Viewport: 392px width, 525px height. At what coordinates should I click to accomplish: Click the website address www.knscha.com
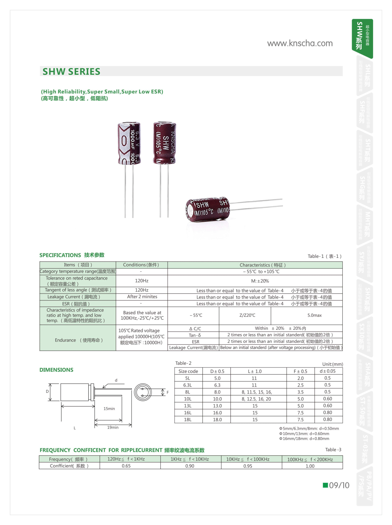point(300,43)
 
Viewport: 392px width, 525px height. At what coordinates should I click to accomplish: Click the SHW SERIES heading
point(71,72)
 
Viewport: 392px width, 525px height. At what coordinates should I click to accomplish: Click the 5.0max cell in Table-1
point(314,315)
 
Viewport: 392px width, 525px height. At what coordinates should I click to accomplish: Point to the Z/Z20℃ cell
point(247,315)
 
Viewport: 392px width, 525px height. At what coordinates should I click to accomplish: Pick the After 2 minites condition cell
point(142,297)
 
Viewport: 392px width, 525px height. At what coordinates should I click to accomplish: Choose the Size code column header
point(188,371)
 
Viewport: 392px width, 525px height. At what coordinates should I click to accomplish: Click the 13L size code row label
point(188,406)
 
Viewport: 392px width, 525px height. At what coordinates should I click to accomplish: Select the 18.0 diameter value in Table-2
point(217,420)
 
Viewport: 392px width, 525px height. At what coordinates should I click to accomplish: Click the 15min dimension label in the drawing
point(109,409)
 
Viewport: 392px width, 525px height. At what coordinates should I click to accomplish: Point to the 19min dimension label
point(113,427)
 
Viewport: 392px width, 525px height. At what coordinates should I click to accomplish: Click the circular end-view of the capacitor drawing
point(143,392)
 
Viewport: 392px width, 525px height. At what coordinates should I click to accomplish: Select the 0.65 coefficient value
point(126,466)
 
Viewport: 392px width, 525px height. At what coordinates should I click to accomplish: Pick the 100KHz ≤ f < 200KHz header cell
point(310,460)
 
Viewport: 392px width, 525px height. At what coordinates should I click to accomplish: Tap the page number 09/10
point(339,485)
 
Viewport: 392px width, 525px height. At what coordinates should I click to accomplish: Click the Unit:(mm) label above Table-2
point(332,364)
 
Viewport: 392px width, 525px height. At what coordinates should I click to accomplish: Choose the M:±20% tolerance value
point(260,281)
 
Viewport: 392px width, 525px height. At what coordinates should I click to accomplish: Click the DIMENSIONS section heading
point(56,370)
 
